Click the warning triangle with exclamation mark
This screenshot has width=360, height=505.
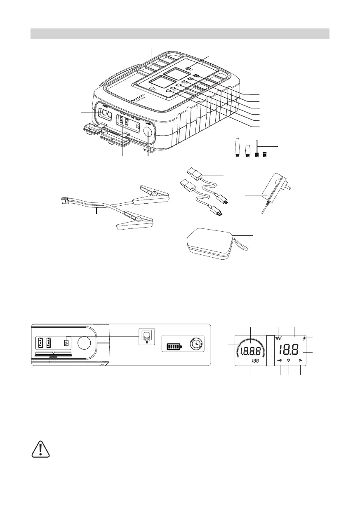[40, 449]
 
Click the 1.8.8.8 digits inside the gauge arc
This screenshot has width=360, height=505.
[250, 352]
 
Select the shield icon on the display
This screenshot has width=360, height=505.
[289, 360]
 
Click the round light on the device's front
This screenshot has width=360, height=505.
[148, 132]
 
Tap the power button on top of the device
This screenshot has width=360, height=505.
[188, 69]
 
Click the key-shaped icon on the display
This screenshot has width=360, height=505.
[280, 360]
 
